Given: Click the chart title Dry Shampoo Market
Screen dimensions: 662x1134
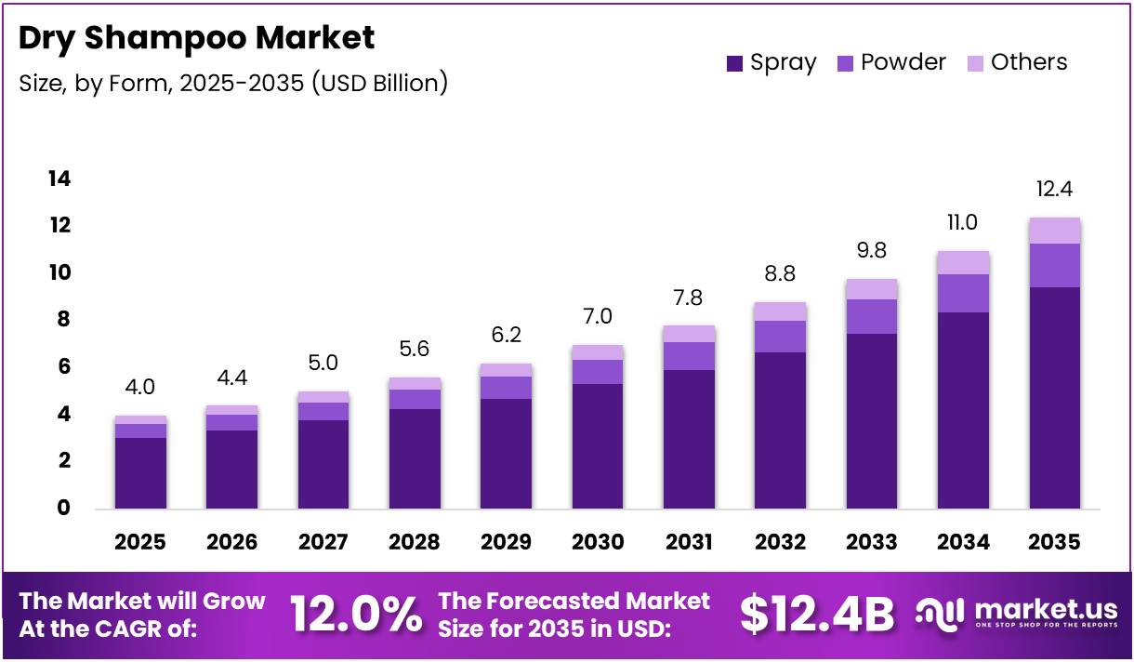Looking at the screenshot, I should [197, 37].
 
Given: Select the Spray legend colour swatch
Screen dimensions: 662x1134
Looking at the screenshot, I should [735, 63].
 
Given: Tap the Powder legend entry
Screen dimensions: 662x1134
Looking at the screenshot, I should [891, 62].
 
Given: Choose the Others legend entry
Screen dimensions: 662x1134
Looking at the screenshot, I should [1017, 62].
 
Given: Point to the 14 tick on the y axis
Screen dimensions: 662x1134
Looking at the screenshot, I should [59, 179].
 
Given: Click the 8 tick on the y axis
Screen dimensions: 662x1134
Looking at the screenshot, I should [61, 320].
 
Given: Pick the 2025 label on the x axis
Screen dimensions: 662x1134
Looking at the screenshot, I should [139, 542].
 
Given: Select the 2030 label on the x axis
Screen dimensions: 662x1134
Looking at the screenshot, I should [597, 542].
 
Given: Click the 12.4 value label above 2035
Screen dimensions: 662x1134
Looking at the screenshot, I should [1054, 190].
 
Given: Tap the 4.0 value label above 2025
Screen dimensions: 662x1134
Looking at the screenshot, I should [140, 387].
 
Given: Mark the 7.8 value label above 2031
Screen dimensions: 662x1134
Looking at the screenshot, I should [688, 298].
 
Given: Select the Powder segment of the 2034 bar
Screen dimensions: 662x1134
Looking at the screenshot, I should [963, 293].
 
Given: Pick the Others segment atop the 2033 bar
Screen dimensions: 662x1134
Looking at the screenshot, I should [871, 289].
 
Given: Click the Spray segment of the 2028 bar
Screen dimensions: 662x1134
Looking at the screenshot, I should [415, 458].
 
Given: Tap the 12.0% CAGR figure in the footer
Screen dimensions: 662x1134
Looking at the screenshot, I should [355, 614].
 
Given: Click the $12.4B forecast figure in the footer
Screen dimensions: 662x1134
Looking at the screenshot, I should [817, 614].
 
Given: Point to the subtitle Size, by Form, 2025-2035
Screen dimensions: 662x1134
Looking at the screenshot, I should [233, 83].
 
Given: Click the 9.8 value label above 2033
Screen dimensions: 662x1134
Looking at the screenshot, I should [871, 251].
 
